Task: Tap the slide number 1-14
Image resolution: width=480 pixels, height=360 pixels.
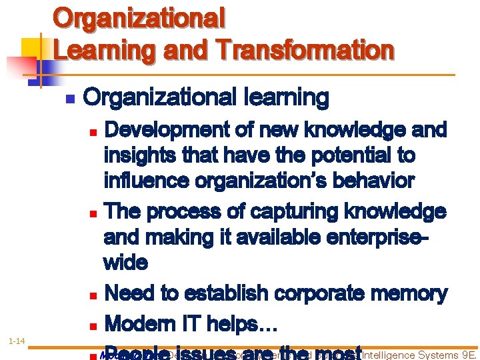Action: (17, 342)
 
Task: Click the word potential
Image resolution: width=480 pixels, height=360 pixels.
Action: (326, 155)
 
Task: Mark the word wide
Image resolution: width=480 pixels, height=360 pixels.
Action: (125, 262)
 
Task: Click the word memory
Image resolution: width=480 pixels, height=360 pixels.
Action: (415, 293)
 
